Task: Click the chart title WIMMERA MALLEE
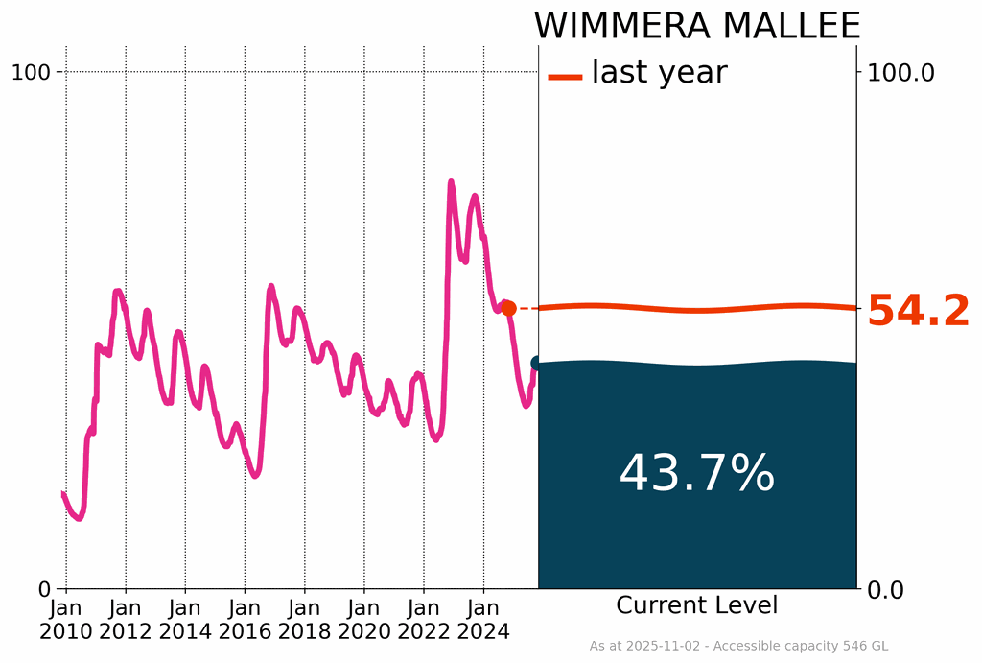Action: [x=696, y=26]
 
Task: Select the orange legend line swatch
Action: [x=565, y=76]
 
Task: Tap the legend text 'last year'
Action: [x=659, y=72]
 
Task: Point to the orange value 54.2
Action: [x=918, y=312]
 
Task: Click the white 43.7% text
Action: [x=696, y=473]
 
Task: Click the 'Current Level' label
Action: [x=696, y=605]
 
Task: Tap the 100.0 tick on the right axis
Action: [x=900, y=72]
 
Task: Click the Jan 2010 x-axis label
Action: [x=66, y=620]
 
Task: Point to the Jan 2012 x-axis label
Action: [x=126, y=620]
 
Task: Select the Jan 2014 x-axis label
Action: [x=185, y=620]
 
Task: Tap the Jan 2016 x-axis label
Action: [x=245, y=620]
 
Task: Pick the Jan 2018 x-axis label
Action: [x=305, y=620]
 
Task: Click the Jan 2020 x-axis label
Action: [x=364, y=620]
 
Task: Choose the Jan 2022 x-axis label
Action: [x=424, y=620]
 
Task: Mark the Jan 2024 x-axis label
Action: [x=483, y=620]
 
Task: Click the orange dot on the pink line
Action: [x=508, y=308]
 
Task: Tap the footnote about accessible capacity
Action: [x=737, y=646]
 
